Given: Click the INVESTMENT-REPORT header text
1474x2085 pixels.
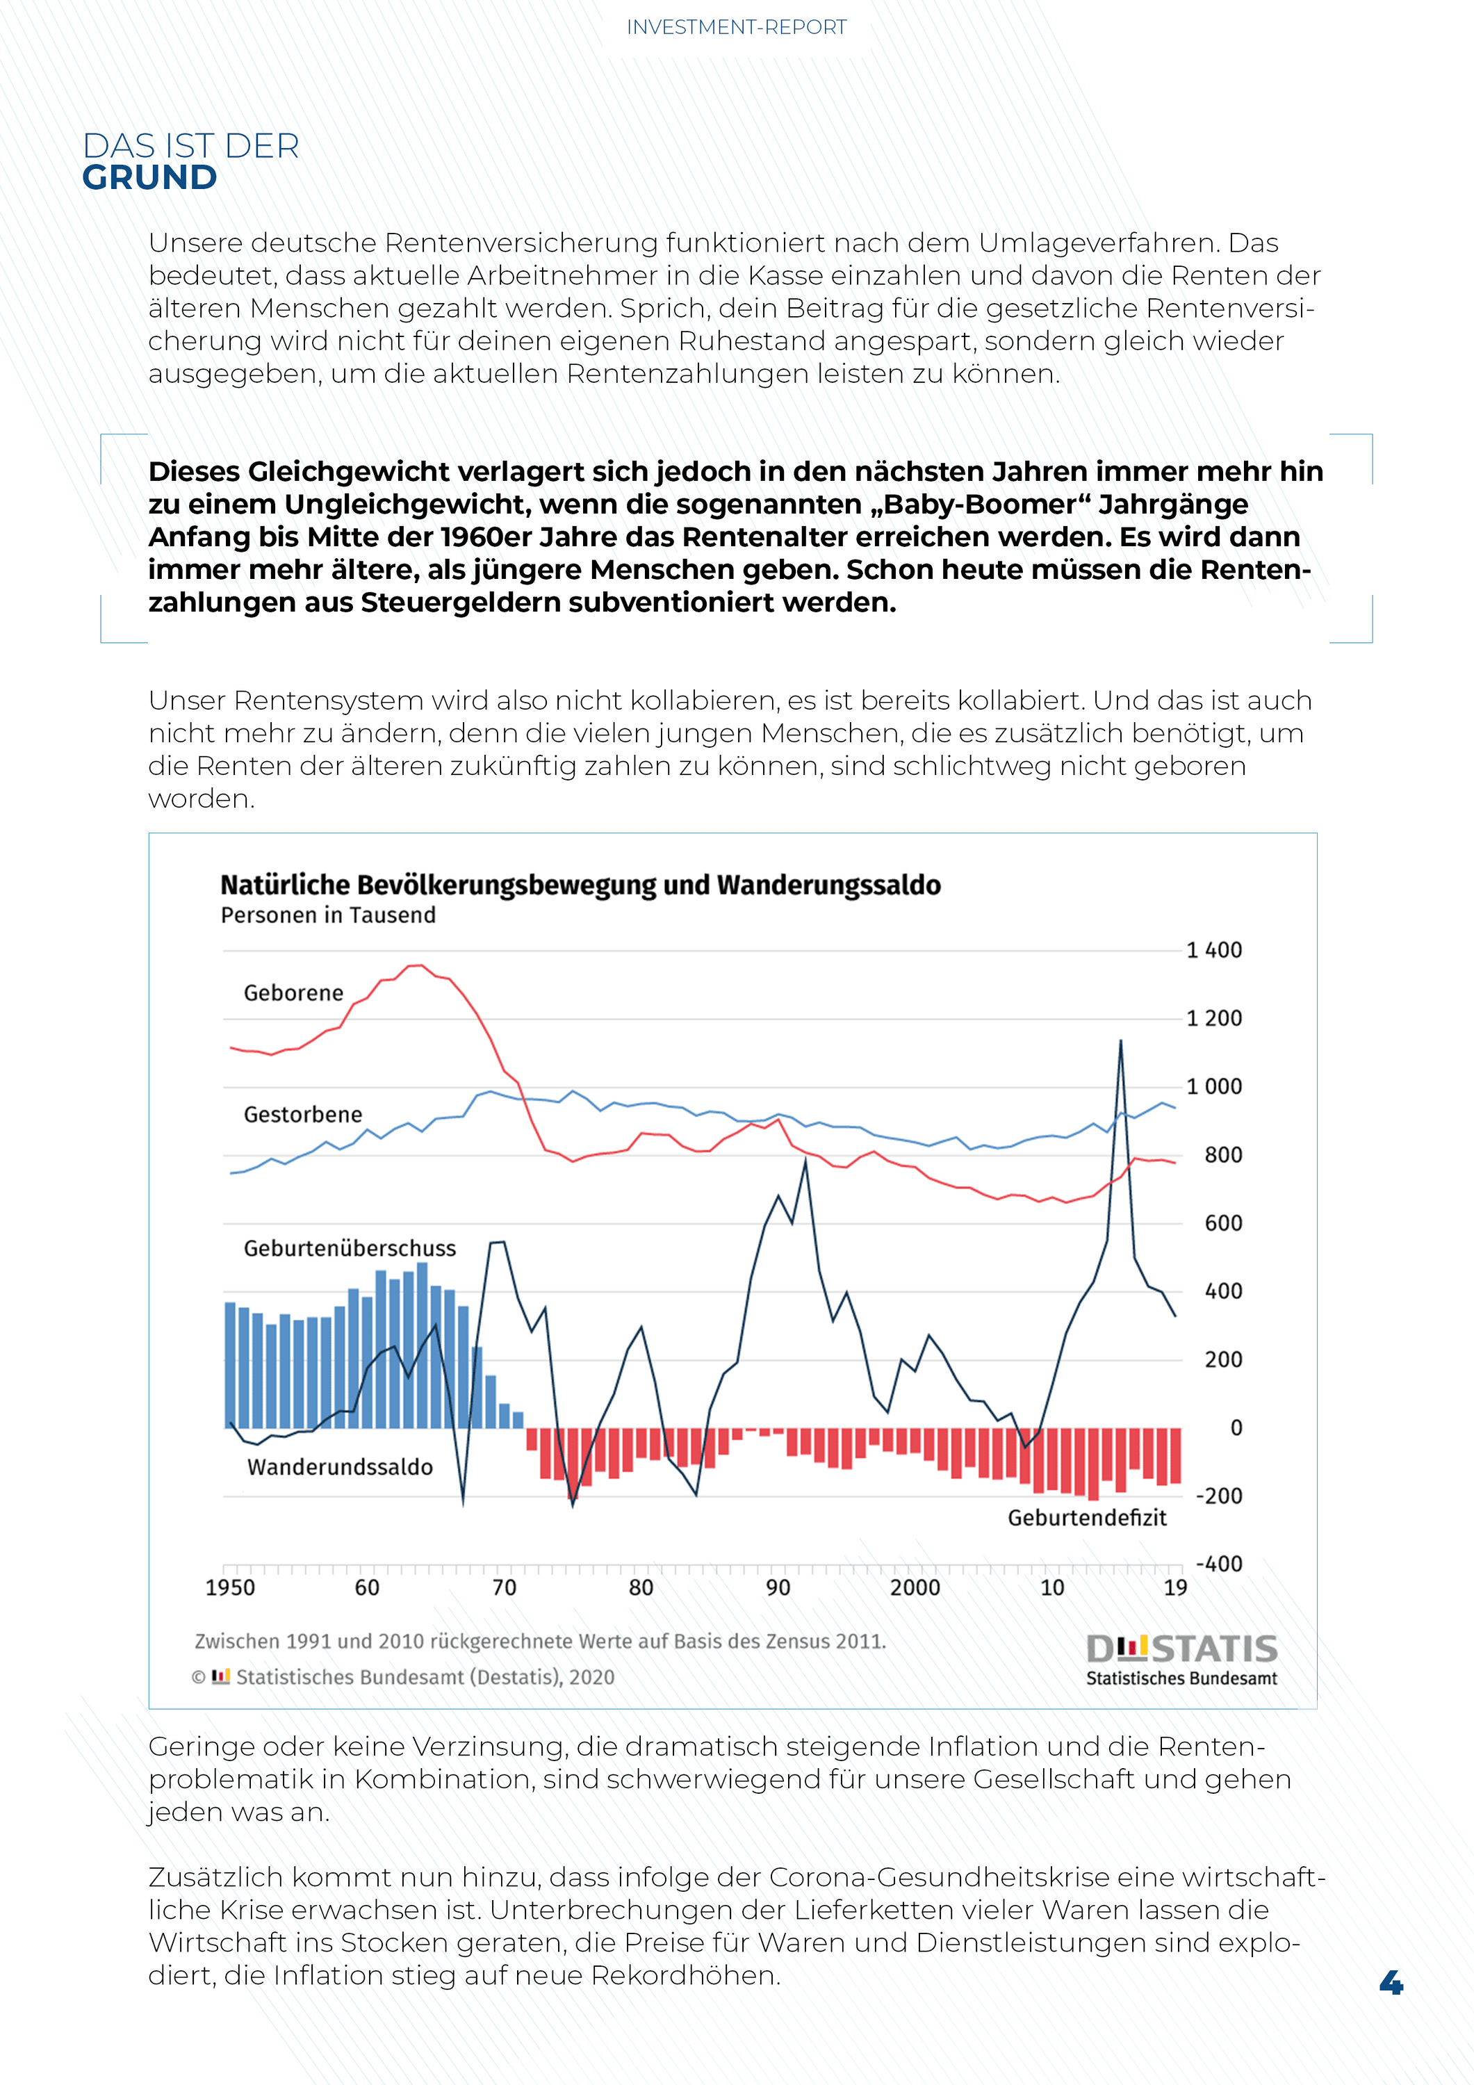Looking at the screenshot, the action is click(x=737, y=27).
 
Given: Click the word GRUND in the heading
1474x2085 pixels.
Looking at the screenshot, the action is click(x=150, y=178).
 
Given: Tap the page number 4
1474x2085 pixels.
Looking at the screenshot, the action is click(x=1391, y=1981).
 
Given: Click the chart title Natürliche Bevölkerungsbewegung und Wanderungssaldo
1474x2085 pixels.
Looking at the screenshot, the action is click(x=580, y=885).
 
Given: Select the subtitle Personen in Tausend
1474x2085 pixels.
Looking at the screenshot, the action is click(x=328, y=915).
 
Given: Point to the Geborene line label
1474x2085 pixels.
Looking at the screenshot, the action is click(x=293, y=993).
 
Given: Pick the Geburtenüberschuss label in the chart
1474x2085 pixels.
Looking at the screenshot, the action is click(x=350, y=1249).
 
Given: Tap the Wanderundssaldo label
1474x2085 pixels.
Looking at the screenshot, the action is click(x=340, y=1467).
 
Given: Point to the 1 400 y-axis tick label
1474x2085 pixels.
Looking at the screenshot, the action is click(x=1214, y=951).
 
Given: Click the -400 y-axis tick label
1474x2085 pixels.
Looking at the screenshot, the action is click(x=1219, y=1564).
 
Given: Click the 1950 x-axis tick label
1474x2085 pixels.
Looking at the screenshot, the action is click(x=230, y=1587).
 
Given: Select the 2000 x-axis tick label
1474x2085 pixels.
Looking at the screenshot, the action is click(x=915, y=1587).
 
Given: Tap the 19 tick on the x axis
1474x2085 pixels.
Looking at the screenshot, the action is click(x=1175, y=1587).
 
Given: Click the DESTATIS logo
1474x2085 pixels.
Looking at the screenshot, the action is click(x=1181, y=1661).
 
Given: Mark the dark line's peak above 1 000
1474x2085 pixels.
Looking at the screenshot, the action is click(x=1120, y=1040).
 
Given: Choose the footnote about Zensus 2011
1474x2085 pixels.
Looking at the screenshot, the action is click(x=541, y=1642).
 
